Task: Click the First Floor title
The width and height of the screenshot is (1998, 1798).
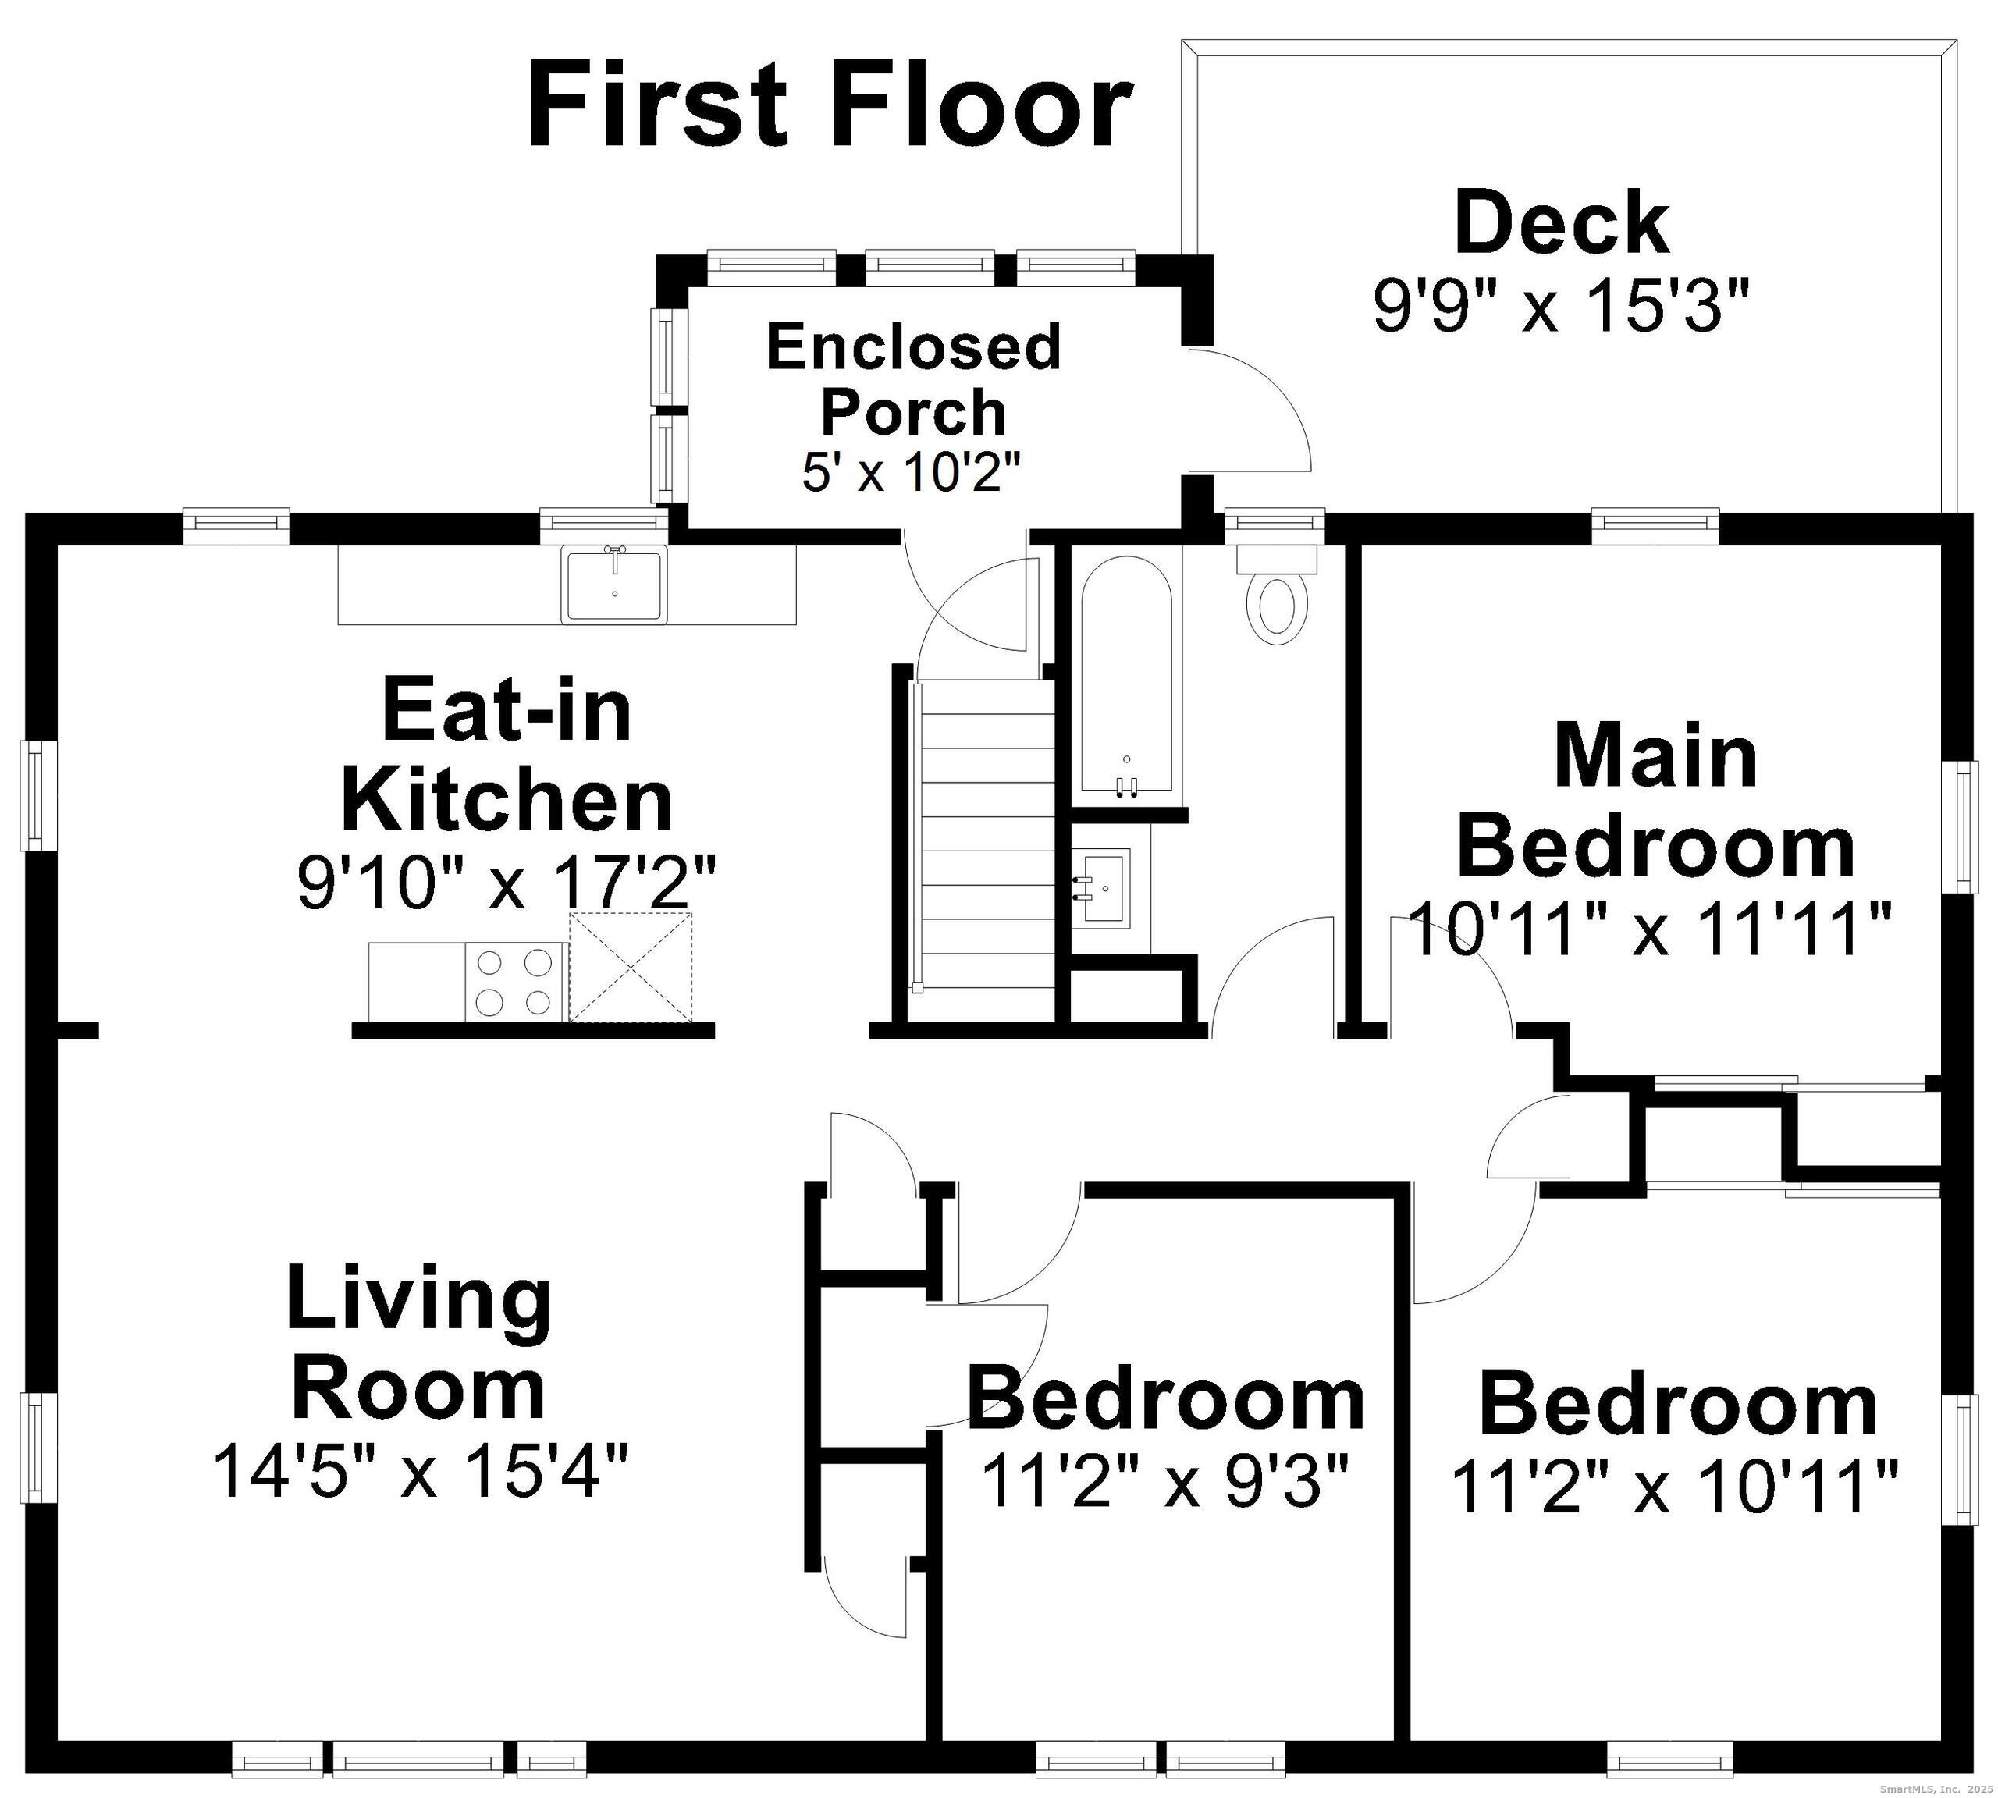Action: (830, 105)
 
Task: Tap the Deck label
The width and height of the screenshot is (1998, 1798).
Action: (1562, 224)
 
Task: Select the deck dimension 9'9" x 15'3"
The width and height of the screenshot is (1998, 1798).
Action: (1562, 305)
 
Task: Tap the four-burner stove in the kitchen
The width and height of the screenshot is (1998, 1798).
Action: (514, 982)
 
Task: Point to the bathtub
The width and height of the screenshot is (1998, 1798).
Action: (1126, 676)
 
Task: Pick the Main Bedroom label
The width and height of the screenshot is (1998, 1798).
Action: (1655, 800)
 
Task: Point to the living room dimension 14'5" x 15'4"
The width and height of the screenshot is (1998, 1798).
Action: (420, 1471)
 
